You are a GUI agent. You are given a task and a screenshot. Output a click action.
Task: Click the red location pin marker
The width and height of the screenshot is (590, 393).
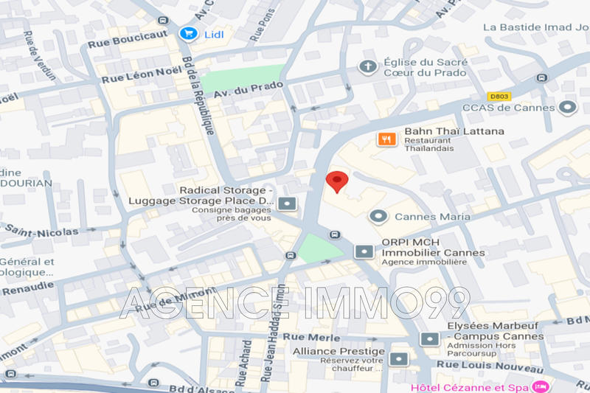(x=337, y=181)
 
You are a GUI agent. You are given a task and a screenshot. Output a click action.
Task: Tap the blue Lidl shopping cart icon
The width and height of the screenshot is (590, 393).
(x=187, y=33)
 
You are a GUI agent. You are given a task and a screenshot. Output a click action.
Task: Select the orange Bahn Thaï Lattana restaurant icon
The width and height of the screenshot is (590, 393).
(x=385, y=138)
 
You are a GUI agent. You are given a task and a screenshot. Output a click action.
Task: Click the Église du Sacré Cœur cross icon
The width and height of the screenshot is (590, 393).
(x=367, y=67)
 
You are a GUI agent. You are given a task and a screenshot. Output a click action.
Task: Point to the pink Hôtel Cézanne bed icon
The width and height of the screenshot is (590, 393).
(x=541, y=386)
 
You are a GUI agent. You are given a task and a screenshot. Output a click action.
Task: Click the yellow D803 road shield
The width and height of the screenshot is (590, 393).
(x=499, y=96)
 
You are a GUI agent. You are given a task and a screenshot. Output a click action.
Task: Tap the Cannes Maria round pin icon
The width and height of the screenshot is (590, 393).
(x=378, y=216)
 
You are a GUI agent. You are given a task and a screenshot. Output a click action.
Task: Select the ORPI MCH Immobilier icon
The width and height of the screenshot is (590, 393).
(x=364, y=252)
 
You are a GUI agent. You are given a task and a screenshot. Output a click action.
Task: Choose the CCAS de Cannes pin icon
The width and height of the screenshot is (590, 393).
(x=566, y=108)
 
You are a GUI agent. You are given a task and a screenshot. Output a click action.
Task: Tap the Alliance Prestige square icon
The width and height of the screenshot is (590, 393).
(x=399, y=359)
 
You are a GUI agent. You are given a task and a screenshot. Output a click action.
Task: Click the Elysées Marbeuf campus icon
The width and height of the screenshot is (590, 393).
(x=429, y=338)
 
